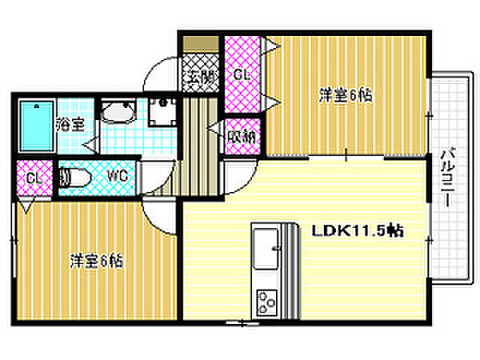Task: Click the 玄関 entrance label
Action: click(200, 78)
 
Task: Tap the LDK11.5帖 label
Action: click(356, 230)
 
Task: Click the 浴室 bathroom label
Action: click(70, 124)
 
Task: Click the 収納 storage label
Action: click(241, 135)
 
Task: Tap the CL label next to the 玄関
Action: click(242, 74)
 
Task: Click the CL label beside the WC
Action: click(33, 178)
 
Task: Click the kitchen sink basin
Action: click(266, 244)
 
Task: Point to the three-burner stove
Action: click(266, 302)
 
